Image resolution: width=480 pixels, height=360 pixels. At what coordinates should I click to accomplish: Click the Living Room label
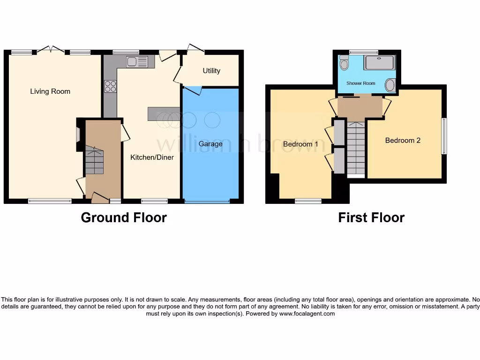[x=50, y=91]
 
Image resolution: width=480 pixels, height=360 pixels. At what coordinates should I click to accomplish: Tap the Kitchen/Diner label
[x=152, y=157]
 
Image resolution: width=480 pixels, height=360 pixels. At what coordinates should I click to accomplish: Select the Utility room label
[x=211, y=71]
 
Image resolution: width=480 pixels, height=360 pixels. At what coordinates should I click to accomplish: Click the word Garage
[x=210, y=143]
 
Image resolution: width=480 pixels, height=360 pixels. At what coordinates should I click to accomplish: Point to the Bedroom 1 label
[x=300, y=144]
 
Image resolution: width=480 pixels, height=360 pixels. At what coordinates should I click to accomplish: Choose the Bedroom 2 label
[x=403, y=140]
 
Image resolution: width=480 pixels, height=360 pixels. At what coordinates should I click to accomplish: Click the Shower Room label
[x=360, y=83]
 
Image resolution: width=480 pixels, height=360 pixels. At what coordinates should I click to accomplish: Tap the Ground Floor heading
[x=124, y=217]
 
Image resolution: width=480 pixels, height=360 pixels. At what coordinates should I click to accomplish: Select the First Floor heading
[x=371, y=217]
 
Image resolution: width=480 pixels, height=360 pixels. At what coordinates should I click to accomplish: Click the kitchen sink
[x=136, y=62]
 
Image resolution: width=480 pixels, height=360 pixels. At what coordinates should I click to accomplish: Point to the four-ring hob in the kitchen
[x=111, y=87]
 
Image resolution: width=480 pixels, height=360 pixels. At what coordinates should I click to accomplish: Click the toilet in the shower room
[x=344, y=63]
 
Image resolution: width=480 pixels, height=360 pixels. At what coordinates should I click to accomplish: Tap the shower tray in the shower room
[x=380, y=63]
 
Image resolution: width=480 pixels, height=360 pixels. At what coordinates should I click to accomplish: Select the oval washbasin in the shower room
[x=390, y=85]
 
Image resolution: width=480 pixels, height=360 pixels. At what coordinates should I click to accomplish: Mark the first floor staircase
[x=356, y=148]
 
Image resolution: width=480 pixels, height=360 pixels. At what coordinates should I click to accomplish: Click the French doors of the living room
[x=51, y=49]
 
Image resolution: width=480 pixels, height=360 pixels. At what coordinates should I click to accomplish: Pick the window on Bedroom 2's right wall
[x=444, y=136]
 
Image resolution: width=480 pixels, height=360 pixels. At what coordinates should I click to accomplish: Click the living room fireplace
[x=78, y=135]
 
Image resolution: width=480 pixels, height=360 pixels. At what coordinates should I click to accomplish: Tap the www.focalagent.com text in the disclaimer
[x=307, y=314]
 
